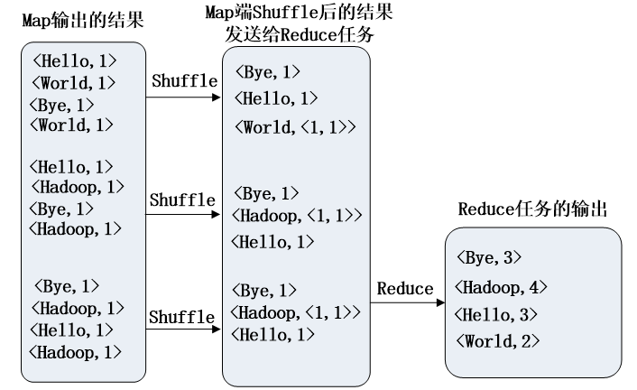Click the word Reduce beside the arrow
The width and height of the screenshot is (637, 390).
point(405,288)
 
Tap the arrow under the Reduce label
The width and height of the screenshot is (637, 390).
point(407,303)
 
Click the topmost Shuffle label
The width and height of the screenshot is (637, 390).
point(183,80)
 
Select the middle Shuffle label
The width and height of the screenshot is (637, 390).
point(182,199)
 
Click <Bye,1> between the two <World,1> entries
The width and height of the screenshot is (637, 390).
point(61,104)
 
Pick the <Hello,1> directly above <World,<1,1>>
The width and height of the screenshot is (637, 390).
point(275,97)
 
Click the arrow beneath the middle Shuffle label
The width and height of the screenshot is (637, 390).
point(183,215)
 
